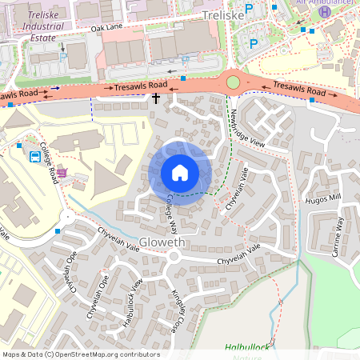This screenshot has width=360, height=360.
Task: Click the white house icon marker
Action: pos(180,173)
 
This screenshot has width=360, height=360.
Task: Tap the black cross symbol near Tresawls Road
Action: pos(156,98)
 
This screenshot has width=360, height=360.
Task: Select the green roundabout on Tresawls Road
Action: pos(233,82)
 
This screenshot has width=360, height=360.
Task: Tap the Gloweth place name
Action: pos(162,242)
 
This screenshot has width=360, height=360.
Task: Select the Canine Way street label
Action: pos(339,231)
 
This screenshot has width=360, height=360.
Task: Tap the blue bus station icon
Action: pos(35,156)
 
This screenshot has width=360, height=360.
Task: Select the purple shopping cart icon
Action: pos(61,171)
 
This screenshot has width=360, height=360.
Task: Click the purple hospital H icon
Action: pos(324,11)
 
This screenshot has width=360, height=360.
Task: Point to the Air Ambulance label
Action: pos(324,2)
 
